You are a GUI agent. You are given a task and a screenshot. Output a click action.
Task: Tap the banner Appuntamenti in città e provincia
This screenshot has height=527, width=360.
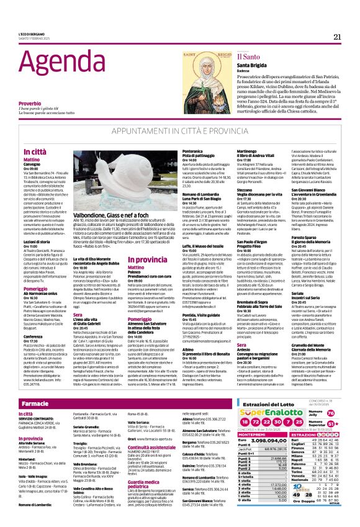tap(180, 132)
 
